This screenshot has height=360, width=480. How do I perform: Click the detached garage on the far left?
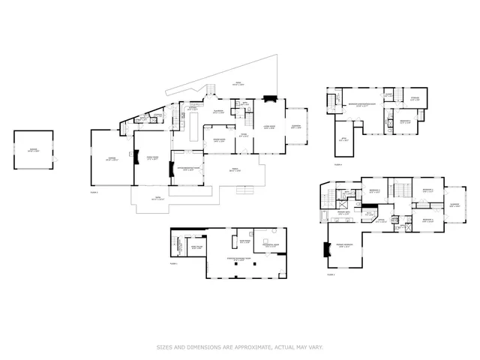coord(34,150)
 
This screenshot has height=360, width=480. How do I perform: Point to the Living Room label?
coord(269,127)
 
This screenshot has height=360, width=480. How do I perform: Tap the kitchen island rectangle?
coord(193,129)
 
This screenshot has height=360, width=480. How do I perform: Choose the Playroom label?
coord(220,111)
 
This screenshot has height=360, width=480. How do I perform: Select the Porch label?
coord(234,170)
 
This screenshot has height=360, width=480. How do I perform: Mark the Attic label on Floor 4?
coord(343,139)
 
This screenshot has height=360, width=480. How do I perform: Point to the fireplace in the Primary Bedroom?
coord(326,250)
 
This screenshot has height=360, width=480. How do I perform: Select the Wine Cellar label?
coord(196,247)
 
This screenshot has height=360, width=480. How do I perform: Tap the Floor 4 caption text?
coord(337,164)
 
